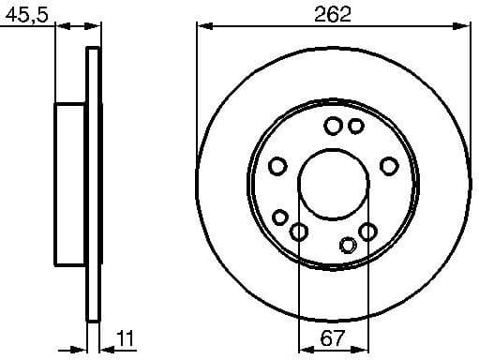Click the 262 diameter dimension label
coord(334,13)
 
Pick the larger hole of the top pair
coord(334,126)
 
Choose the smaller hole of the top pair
coord(355,126)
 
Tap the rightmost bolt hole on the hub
coord(388,166)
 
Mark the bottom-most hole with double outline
coord(348,246)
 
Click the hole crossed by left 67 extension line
coord(299,232)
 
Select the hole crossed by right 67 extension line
coord(367,231)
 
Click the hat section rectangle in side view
coord(71,184)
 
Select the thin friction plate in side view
coord(93,184)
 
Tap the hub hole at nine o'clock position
coord(277,166)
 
